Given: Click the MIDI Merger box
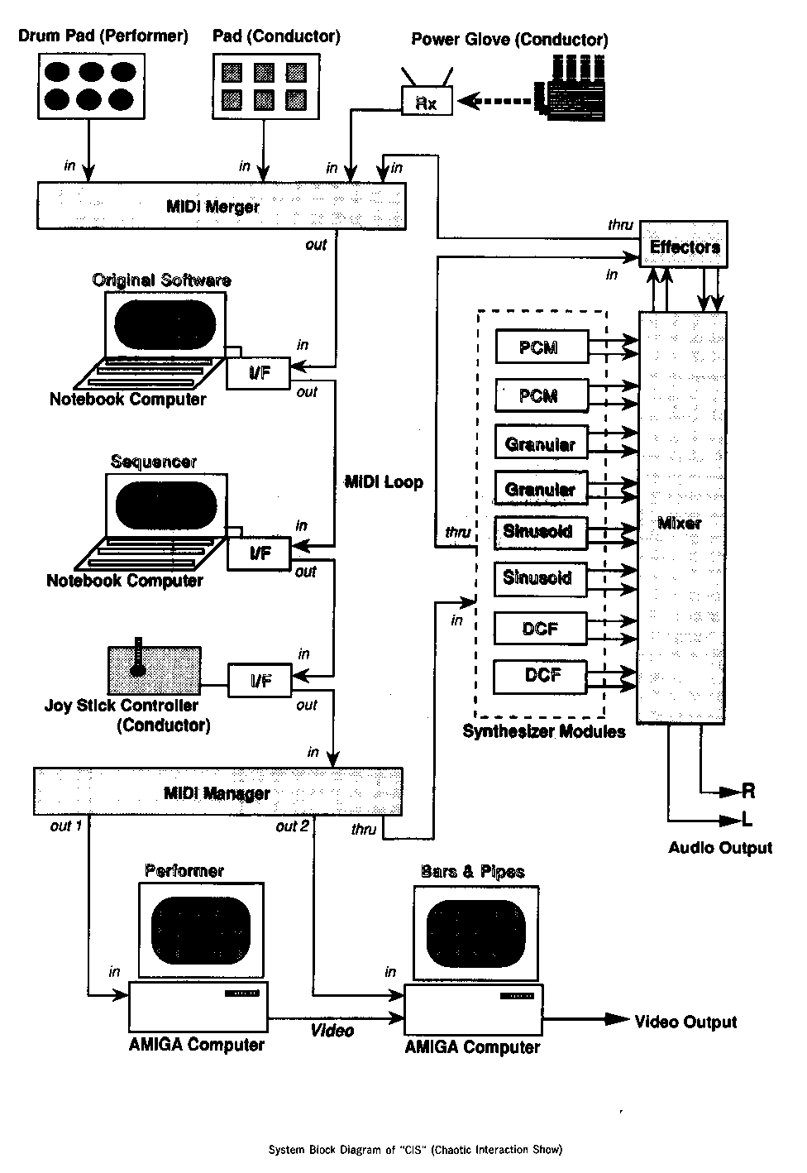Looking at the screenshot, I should (x=221, y=205).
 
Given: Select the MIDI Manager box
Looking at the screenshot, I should (x=217, y=792).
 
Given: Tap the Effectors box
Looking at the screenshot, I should (x=684, y=245).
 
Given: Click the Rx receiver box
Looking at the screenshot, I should (x=427, y=103).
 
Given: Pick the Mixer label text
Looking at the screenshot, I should (x=679, y=523).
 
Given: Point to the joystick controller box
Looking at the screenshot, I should (x=154, y=668).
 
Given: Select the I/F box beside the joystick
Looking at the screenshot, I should (x=260, y=681).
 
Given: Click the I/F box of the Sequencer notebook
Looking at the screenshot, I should (x=260, y=553).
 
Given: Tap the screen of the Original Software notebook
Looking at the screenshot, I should (x=165, y=323).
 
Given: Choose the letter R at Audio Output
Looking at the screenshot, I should (x=747, y=792).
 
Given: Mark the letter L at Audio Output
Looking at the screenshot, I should (x=747, y=820).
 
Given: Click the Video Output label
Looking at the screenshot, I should (x=685, y=1022).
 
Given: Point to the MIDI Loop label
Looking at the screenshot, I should (x=384, y=482).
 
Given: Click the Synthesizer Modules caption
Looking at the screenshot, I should (x=543, y=731).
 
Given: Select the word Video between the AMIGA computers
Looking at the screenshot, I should (x=332, y=1030).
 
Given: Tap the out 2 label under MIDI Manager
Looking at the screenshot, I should (x=293, y=826).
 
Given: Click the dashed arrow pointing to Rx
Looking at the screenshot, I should (x=496, y=101).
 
